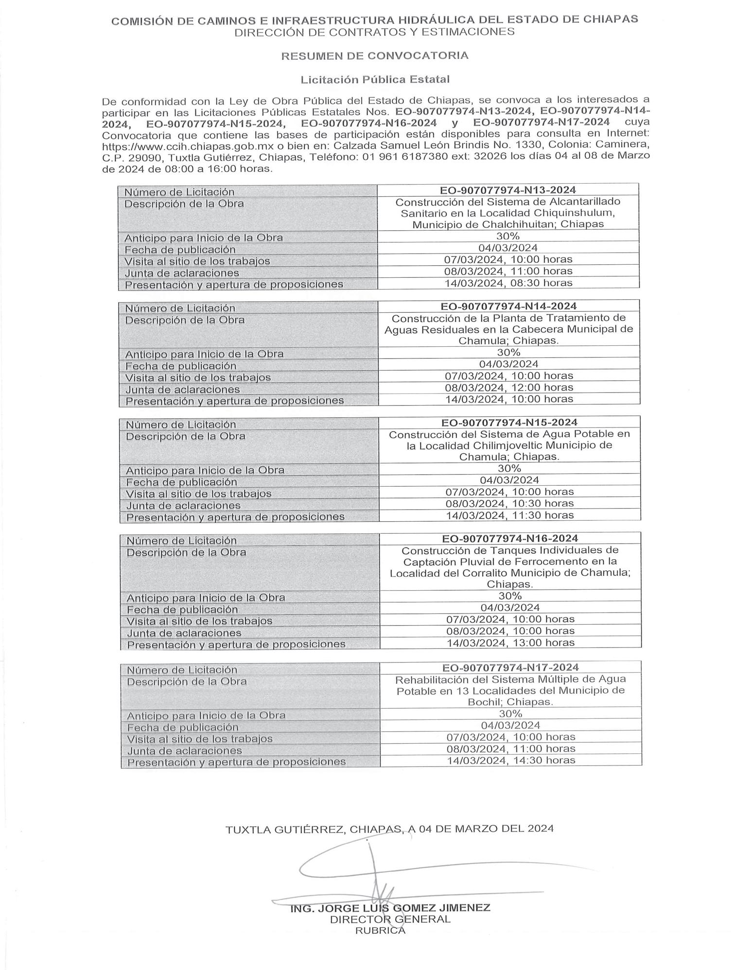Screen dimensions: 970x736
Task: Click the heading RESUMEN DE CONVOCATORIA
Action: (x=374, y=55)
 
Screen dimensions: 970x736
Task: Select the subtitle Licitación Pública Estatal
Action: (x=374, y=79)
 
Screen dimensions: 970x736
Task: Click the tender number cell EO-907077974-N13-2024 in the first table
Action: (x=508, y=190)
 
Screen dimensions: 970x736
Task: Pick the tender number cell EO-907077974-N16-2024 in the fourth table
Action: (x=509, y=538)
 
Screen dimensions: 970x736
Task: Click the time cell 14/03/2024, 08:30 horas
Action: (x=508, y=283)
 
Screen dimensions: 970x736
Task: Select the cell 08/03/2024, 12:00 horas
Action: (x=509, y=387)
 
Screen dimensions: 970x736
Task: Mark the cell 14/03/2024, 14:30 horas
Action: (x=511, y=760)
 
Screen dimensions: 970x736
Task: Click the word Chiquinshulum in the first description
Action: (x=576, y=213)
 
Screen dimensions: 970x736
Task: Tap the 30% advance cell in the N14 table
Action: (x=508, y=352)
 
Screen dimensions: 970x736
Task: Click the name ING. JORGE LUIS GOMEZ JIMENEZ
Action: (x=390, y=907)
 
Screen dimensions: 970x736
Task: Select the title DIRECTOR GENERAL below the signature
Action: (x=390, y=919)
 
